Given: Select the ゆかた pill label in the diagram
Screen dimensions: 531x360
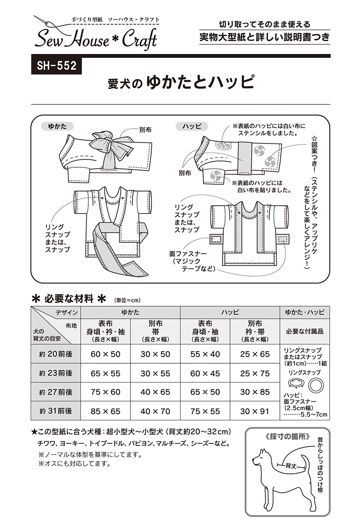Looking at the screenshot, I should click(x=57, y=126).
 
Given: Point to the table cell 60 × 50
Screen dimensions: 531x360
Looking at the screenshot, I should click(x=105, y=354).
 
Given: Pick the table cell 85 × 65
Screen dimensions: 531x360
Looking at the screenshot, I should click(x=105, y=411).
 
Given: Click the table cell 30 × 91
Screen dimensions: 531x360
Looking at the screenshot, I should click(x=255, y=411).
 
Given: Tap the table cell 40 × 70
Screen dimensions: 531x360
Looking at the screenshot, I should click(x=155, y=411).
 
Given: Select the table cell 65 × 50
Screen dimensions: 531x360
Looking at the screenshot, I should click(x=205, y=392).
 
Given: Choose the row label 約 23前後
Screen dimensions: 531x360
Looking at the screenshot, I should click(x=56, y=373).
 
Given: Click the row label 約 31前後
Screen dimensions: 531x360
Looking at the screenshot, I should click(x=56, y=411).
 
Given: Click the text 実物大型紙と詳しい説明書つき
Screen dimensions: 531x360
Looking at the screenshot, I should click(x=265, y=37).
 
